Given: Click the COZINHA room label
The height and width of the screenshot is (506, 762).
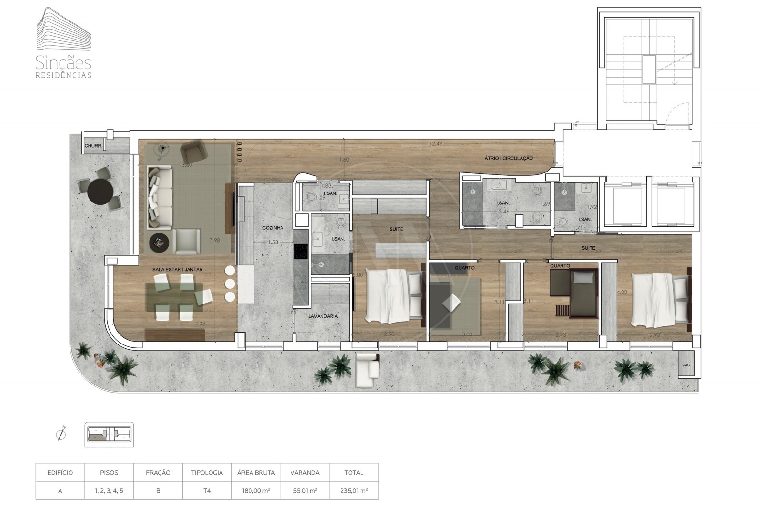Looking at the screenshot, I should pyautogui.click(x=273, y=228).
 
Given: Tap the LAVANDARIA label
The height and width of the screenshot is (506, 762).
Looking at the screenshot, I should pyautogui.click(x=323, y=316).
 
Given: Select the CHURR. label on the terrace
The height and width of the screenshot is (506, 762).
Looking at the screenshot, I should pyautogui.click(x=93, y=146).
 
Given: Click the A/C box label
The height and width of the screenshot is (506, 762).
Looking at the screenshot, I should pyautogui.click(x=686, y=365).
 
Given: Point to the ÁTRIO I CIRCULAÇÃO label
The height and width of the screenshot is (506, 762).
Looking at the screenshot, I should pyautogui.click(x=509, y=158).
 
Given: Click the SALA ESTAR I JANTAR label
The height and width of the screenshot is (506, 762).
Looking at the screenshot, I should pyautogui.click(x=177, y=270).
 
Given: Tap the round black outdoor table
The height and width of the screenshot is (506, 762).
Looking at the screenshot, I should pyautogui.click(x=100, y=191).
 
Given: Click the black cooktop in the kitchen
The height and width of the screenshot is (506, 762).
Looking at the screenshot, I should pyautogui.click(x=301, y=251).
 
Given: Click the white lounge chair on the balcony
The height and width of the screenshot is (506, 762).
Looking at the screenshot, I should pyautogui.click(x=367, y=370).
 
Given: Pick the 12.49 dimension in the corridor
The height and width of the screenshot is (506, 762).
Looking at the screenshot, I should pyautogui.click(x=436, y=143).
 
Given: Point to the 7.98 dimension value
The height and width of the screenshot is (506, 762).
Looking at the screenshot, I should pyautogui.click(x=214, y=240).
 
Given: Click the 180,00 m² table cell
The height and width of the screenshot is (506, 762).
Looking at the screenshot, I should pyautogui.click(x=256, y=490).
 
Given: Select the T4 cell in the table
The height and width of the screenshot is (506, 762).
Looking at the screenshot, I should pyautogui.click(x=207, y=490).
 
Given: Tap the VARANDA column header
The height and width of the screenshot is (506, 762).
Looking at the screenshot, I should pyautogui.click(x=305, y=473).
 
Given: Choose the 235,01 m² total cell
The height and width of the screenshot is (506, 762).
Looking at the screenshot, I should pyautogui.click(x=354, y=490).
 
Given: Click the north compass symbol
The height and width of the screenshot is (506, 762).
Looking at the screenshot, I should pyautogui.click(x=61, y=434).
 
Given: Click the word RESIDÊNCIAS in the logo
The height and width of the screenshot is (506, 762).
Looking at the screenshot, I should pyautogui.click(x=64, y=75).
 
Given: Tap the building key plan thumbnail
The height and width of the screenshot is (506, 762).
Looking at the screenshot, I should pyautogui.click(x=109, y=435).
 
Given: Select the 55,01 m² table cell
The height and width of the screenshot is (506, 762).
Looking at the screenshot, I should pyautogui.click(x=305, y=490).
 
